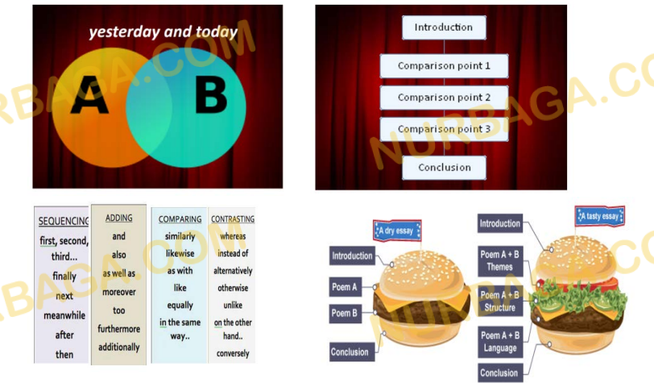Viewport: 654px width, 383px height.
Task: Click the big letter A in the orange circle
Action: point(89,95)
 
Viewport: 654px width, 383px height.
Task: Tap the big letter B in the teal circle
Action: point(211,96)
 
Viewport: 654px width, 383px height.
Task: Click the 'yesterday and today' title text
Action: point(163,31)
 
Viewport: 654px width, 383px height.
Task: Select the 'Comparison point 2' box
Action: point(445,98)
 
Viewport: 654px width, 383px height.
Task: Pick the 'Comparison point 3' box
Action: point(445,129)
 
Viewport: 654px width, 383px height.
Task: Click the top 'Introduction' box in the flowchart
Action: point(444,27)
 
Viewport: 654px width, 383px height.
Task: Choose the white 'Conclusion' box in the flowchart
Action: point(445,168)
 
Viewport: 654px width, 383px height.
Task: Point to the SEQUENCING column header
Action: point(64,221)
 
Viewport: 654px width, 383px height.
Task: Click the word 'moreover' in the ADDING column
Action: point(119,292)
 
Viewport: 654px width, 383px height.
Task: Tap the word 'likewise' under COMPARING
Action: point(180,253)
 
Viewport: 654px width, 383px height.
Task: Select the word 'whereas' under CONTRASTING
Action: point(233,236)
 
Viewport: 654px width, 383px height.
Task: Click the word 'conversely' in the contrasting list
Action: point(233,353)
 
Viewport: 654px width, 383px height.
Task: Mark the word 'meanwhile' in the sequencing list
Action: point(64,315)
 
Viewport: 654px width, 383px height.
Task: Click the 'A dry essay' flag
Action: point(397,231)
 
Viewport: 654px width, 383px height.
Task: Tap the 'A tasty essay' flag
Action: point(600,216)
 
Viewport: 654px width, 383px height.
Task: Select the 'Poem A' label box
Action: point(346,287)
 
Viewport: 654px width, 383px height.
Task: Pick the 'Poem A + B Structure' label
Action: point(500,301)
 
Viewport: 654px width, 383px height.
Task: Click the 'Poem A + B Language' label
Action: point(500,342)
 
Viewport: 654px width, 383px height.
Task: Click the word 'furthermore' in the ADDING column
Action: point(119,329)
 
